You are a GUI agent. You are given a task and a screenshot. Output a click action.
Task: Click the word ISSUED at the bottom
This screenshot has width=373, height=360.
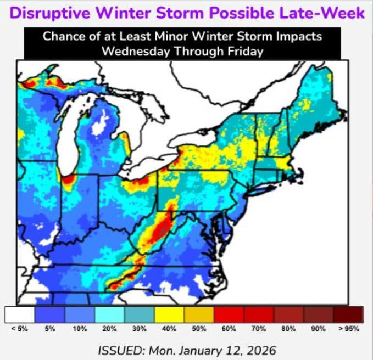tap(120, 350)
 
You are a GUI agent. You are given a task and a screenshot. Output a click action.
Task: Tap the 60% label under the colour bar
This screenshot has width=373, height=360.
tap(229, 328)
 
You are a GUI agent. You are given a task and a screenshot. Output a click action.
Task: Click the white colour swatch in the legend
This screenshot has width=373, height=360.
tap(19, 314)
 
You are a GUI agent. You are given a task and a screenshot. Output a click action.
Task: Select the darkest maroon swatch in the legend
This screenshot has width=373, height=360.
tap(348, 314)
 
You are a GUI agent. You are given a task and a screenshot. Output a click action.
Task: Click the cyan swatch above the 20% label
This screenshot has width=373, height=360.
tap(109, 314)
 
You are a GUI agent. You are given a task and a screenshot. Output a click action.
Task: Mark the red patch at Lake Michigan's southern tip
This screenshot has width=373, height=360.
tap(68, 180)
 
